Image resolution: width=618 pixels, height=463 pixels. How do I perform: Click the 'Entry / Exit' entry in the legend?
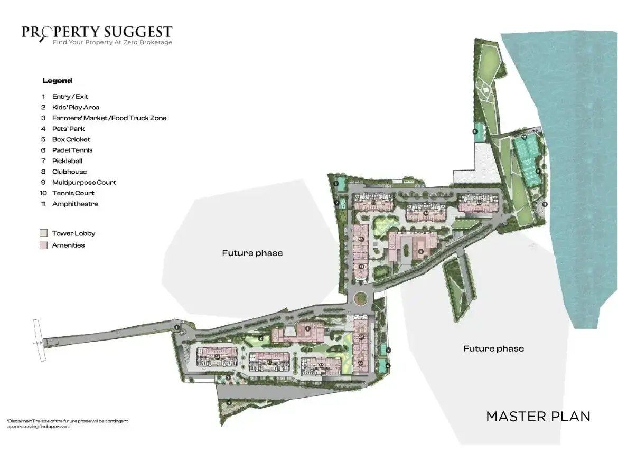pyautogui.click(x=70, y=97)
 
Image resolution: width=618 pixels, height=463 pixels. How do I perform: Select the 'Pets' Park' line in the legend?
pyautogui.click(x=68, y=129)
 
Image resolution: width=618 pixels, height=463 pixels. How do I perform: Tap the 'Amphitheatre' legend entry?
pyautogui.click(x=74, y=204)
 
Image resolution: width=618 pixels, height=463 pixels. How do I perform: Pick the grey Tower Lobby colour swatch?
pyautogui.click(x=44, y=233)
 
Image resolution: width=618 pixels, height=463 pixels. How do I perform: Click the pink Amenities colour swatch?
pyautogui.click(x=44, y=245)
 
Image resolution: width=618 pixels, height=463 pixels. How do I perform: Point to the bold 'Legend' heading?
pyautogui.click(x=57, y=81)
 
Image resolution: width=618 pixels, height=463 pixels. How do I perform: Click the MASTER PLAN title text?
pyautogui.click(x=538, y=416)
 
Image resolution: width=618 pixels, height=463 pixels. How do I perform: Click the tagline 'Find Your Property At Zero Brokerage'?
pyautogui.click(x=112, y=42)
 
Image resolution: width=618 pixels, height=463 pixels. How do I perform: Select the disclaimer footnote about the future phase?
pyautogui.click(x=67, y=423)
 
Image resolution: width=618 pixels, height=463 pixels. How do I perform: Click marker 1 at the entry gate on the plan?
pyautogui.click(x=177, y=328)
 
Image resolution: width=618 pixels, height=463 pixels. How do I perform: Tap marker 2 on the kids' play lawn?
pyautogui.click(x=261, y=338)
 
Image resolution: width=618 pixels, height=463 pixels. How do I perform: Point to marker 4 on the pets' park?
pyautogui.click(x=229, y=403)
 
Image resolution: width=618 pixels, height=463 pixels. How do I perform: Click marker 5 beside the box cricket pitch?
pyautogui.click(x=475, y=132)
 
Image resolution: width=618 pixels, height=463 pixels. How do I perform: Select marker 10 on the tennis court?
pyautogui.click(x=524, y=137)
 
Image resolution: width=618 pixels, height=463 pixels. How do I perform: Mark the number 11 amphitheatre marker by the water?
pyautogui.click(x=545, y=204)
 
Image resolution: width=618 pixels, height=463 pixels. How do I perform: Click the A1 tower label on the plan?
pyautogui.click(x=217, y=357)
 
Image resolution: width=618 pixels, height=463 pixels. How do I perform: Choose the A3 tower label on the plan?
pyautogui.click(x=321, y=365)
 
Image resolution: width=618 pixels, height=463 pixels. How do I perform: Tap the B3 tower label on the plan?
pyautogui.click(x=373, y=202)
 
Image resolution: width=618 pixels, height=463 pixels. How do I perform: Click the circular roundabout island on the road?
pyautogui.click(x=361, y=298)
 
